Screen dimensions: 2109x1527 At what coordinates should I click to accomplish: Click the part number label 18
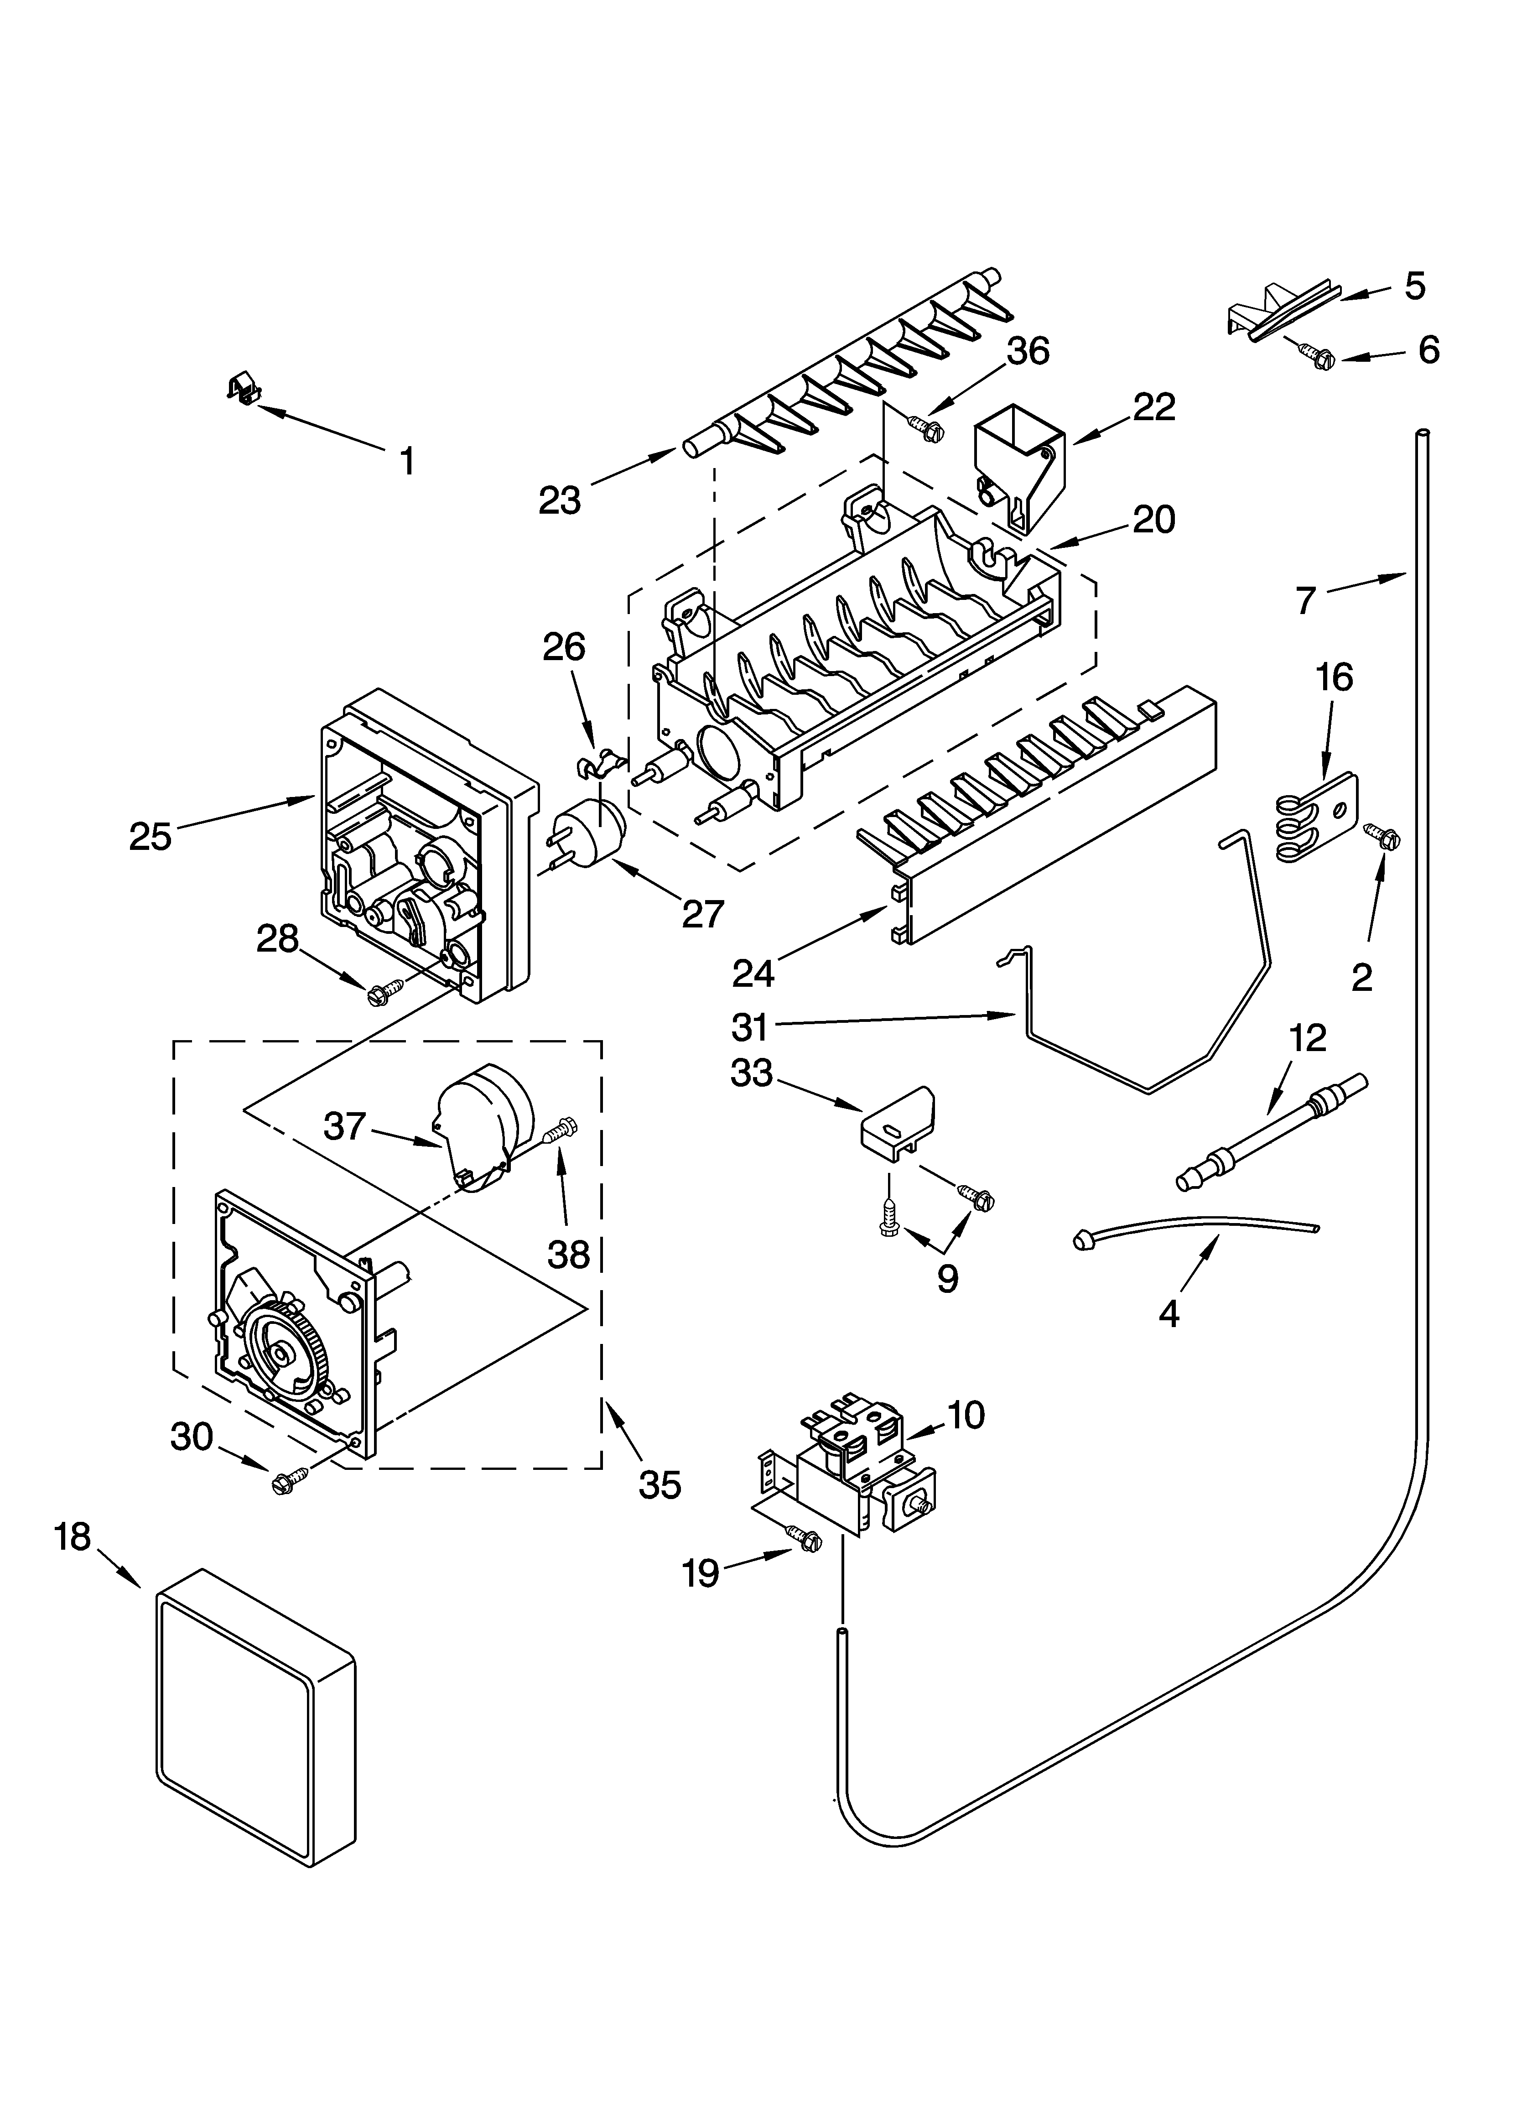pos(72,1536)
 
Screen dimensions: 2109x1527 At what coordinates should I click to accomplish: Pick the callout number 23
pos(559,500)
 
